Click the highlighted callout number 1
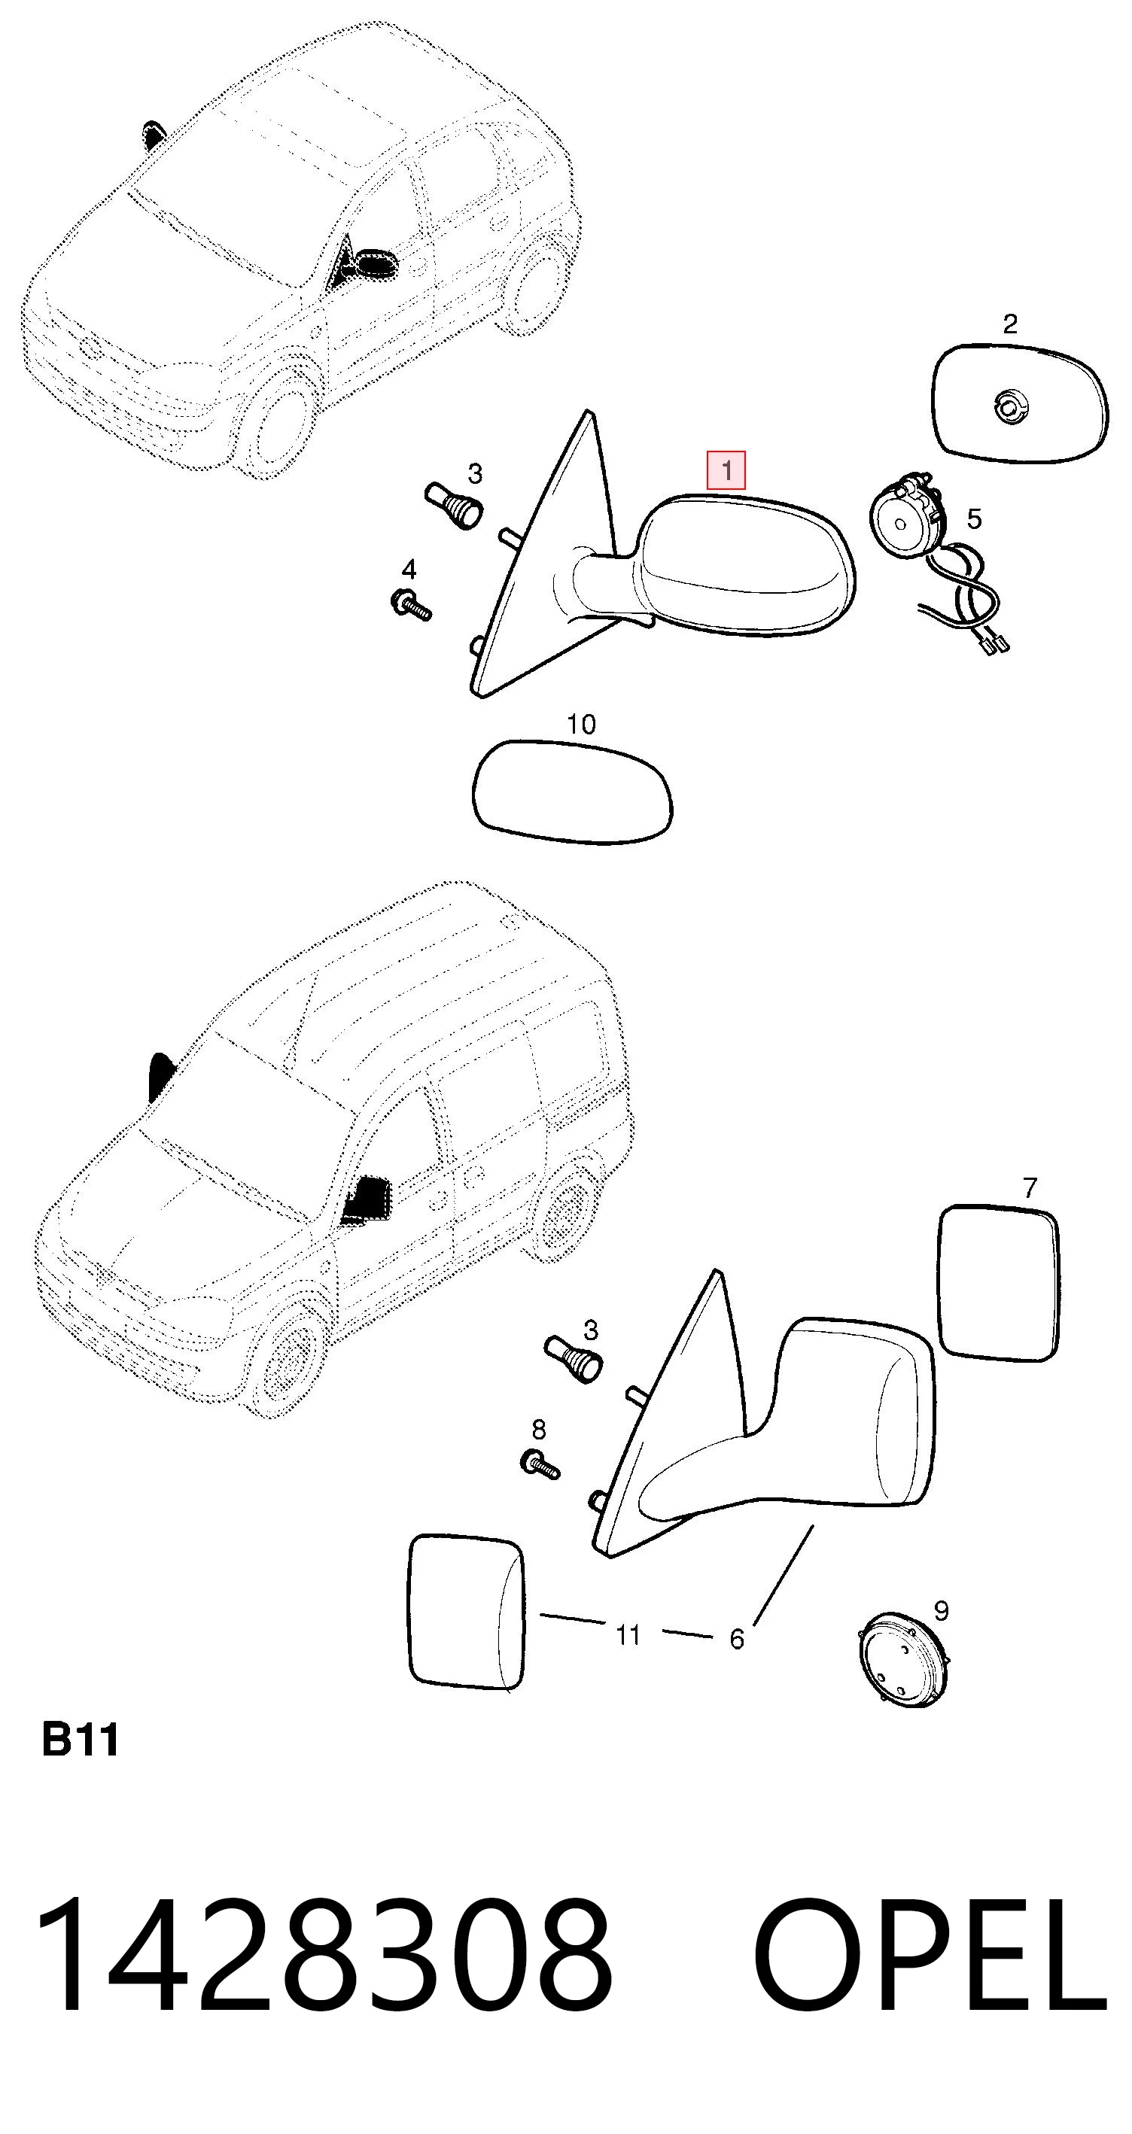click(726, 471)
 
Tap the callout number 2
click(1009, 324)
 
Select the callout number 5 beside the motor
click(975, 519)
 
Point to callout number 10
click(581, 725)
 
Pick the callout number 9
click(941, 1610)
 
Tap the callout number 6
click(737, 1639)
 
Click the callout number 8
click(539, 1430)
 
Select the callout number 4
click(409, 569)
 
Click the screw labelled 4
click(409, 605)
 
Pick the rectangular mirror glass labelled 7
click(1000, 1283)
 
